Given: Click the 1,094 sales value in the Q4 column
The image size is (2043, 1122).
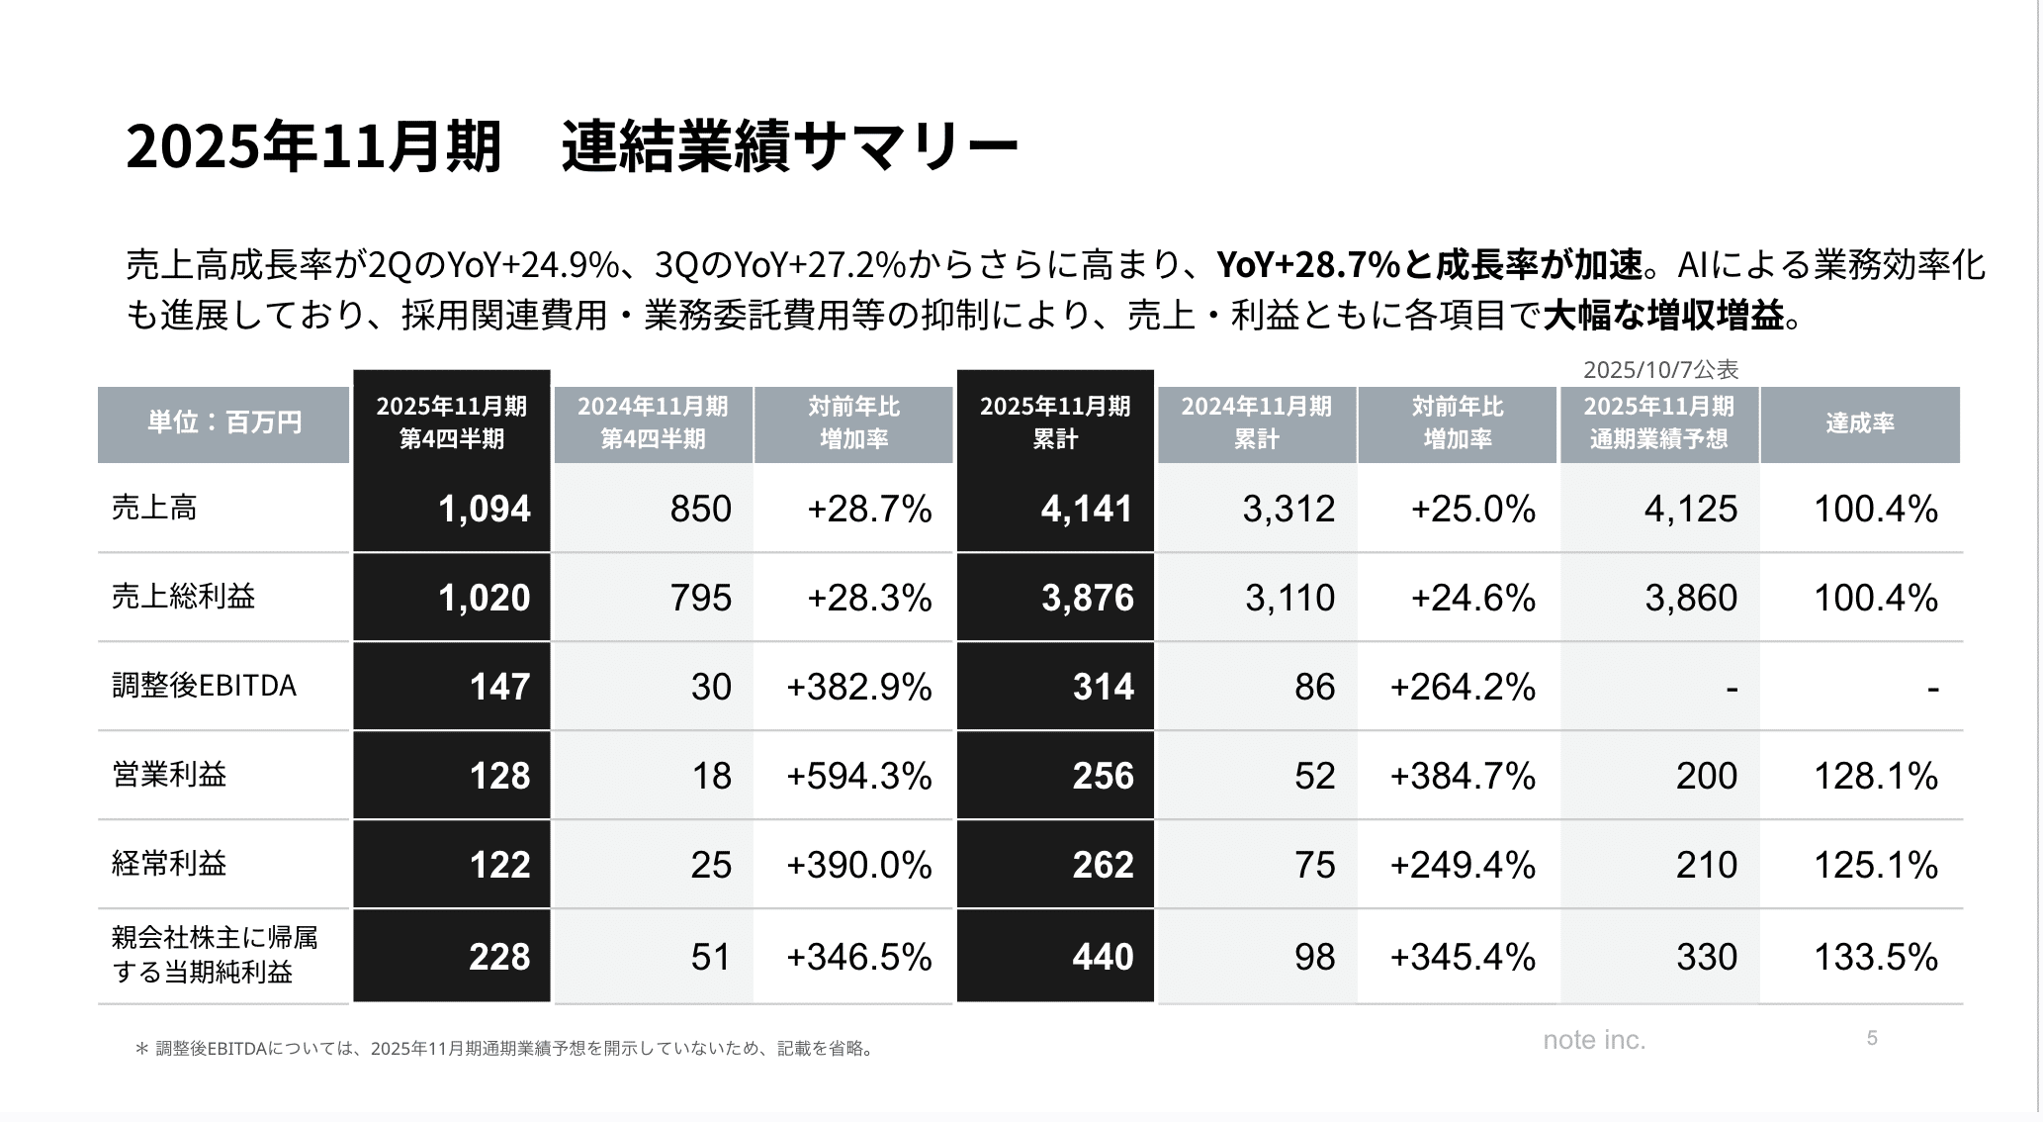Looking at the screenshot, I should [484, 509].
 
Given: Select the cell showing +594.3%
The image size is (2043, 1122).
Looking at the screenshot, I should [858, 776].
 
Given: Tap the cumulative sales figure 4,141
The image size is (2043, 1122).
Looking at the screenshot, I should [1086, 509].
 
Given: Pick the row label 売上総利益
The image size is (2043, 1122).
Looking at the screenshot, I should [183, 597].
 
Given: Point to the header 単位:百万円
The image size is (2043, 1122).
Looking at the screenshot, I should [224, 423].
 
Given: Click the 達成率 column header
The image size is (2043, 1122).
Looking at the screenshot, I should [1859, 423].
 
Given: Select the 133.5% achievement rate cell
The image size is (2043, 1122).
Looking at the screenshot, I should [1875, 957].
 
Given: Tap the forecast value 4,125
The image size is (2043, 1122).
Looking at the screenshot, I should [1690, 509].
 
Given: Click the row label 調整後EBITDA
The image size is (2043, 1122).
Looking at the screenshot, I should [204, 686].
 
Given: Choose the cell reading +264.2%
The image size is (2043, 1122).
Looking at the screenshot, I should [1462, 687].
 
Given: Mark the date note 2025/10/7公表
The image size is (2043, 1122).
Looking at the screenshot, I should [1660, 370].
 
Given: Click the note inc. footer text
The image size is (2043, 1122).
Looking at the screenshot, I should [1594, 1040].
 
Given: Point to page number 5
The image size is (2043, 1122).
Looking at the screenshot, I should [1871, 1038].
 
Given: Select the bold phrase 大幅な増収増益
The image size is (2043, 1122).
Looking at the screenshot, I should [1663, 316].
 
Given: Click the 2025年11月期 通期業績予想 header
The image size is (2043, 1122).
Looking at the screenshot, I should [1658, 423].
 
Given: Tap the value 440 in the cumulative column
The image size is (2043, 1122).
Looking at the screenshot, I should [1103, 957].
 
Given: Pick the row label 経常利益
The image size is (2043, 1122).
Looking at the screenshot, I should [169, 864].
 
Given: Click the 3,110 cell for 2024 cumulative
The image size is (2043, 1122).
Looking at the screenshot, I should [1288, 598].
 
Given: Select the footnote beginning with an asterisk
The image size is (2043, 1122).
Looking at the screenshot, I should [504, 1049].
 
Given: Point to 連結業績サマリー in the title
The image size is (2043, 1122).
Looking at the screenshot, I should [789, 147].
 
